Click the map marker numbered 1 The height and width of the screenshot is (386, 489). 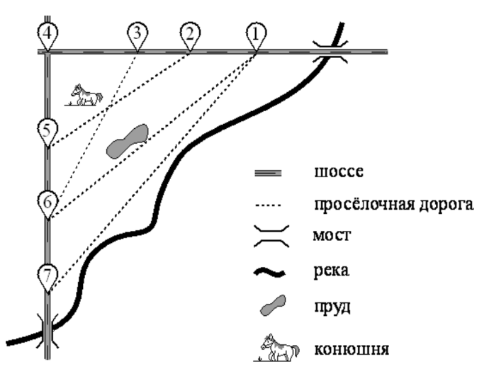pyautogui.click(x=257, y=33)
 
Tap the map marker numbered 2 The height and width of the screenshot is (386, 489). pyautogui.click(x=189, y=33)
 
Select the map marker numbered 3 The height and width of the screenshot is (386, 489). pyautogui.click(x=137, y=33)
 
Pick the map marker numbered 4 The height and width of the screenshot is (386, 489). pyautogui.click(x=47, y=33)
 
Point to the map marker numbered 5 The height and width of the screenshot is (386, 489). pyautogui.click(x=47, y=130)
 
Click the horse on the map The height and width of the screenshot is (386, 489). pyautogui.click(x=84, y=95)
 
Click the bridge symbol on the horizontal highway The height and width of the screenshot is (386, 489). pyautogui.click(x=331, y=52)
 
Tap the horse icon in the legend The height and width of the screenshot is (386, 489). pyautogui.click(x=272, y=347)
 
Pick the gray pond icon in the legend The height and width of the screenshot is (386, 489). pyautogui.click(x=272, y=307)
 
